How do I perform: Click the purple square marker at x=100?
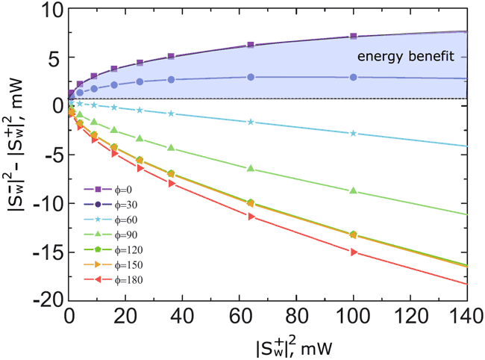click(x=353, y=37)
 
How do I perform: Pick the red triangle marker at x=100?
click(x=353, y=252)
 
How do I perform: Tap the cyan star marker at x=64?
click(x=251, y=122)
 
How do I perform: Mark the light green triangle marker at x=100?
click(x=353, y=191)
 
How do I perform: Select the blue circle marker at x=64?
click(x=251, y=77)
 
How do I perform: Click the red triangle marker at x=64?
click(x=251, y=217)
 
